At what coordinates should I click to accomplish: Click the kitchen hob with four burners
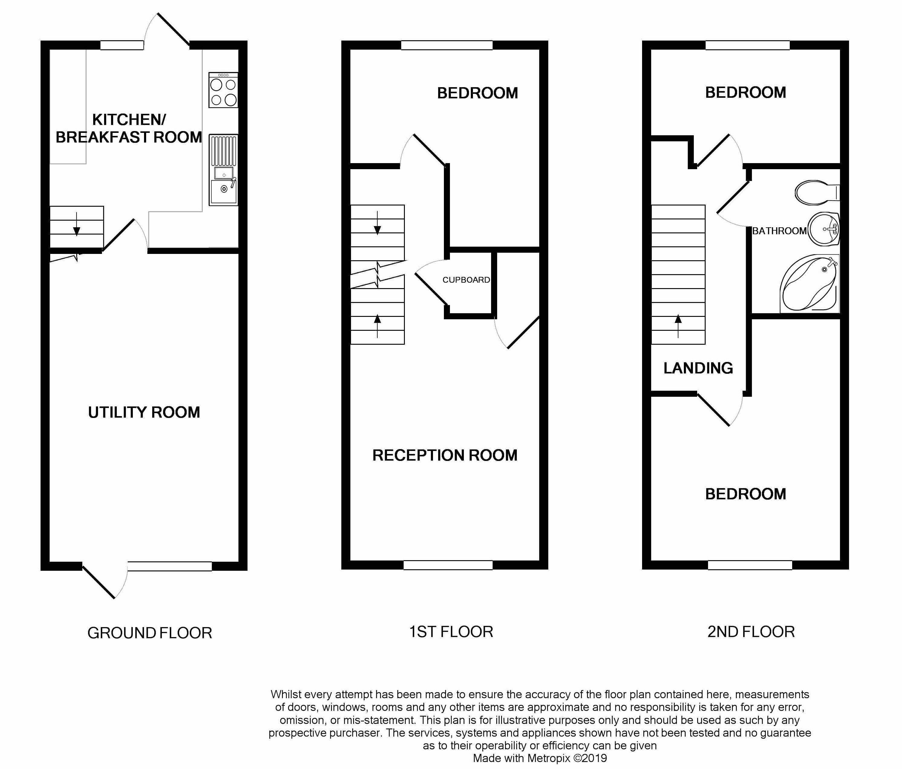click(x=223, y=90)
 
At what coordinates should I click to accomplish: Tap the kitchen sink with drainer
click(x=223, y=170)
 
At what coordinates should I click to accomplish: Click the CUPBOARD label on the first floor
click(x=466, y=280)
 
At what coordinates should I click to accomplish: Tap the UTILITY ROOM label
click(x=144, y=412)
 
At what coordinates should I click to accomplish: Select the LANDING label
click(x=698, y=368)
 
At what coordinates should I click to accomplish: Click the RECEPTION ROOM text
click(x=444, y=455)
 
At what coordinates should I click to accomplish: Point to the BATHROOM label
click(x=779, y=231)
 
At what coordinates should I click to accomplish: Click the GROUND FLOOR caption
click(x=149, y=633)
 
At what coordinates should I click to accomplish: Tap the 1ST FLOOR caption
click(x=451, y=632)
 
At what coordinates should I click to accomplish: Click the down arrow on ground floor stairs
click(x=77, y=224)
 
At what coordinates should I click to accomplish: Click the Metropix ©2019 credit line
click(x=540, y=758)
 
